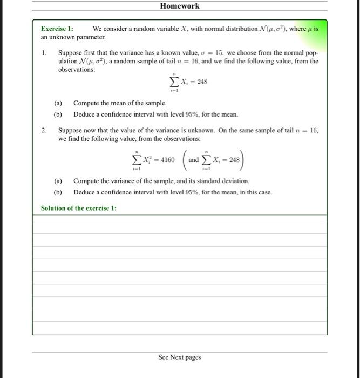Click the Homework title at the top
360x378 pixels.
point(180,6)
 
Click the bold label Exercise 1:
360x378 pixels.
point(57,29)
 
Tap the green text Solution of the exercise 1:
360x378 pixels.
point(78,208)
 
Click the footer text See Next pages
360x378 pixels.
point(179,357)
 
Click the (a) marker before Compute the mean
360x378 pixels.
point(58,103)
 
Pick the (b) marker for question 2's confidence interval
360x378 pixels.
point(58,192)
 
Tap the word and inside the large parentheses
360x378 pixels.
point(193,160)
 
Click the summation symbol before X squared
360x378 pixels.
point(137,160)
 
